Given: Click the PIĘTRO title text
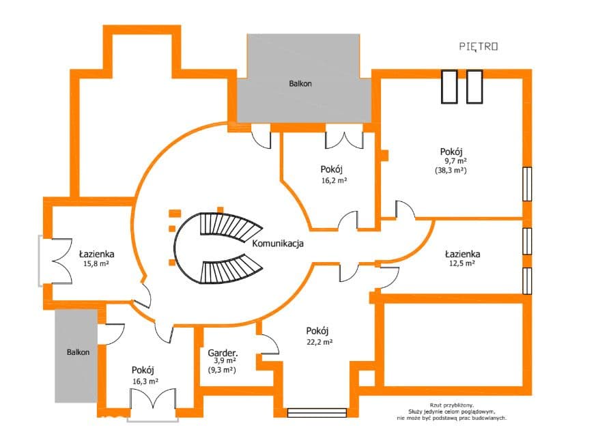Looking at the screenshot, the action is (479, 47).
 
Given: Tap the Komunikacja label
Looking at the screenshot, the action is (278, 243).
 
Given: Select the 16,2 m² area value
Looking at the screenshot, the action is (334, 180).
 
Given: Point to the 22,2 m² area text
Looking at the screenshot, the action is (320, 342).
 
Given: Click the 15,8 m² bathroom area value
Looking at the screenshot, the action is (96, 263).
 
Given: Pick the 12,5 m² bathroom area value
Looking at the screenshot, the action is (462, 263).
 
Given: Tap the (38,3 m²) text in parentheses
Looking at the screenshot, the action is (451, 171).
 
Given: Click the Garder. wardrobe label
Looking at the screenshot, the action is (223, 353).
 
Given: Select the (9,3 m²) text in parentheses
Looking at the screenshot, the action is (222, 369).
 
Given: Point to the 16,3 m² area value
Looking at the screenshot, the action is (145, 381).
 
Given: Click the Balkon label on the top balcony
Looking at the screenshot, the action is (300, 84).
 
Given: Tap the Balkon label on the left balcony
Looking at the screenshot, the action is (79, 352).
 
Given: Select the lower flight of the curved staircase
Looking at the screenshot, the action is (231, 268).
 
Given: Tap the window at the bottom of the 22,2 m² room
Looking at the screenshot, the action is (317, 413).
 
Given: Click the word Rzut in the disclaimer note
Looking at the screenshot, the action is (436, 405).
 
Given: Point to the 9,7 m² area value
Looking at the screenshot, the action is (456, 161).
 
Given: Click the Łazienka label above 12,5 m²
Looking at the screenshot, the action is (463, 254).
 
